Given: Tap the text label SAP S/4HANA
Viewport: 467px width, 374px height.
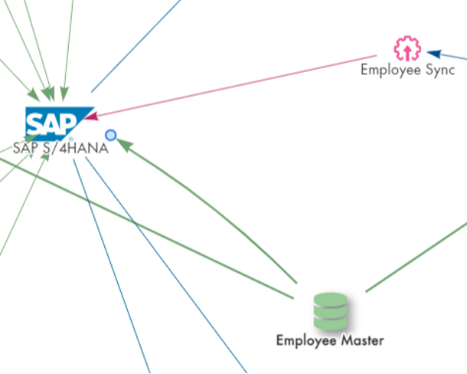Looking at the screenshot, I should click(60, 149).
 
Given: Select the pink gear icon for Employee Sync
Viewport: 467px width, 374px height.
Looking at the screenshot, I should click(407, 49).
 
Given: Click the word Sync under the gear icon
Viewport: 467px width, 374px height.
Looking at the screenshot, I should click(439, 71).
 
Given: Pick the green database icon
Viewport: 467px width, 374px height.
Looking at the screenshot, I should click(331, 311).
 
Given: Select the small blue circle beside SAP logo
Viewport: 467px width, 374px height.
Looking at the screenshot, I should click(110, 135).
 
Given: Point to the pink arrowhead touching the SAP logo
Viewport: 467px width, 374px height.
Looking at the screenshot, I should click(91, 116).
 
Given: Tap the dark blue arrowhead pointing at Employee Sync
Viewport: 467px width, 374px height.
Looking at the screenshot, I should click(434, 53).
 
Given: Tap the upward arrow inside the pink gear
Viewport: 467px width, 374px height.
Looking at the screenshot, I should click(407, 50).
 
